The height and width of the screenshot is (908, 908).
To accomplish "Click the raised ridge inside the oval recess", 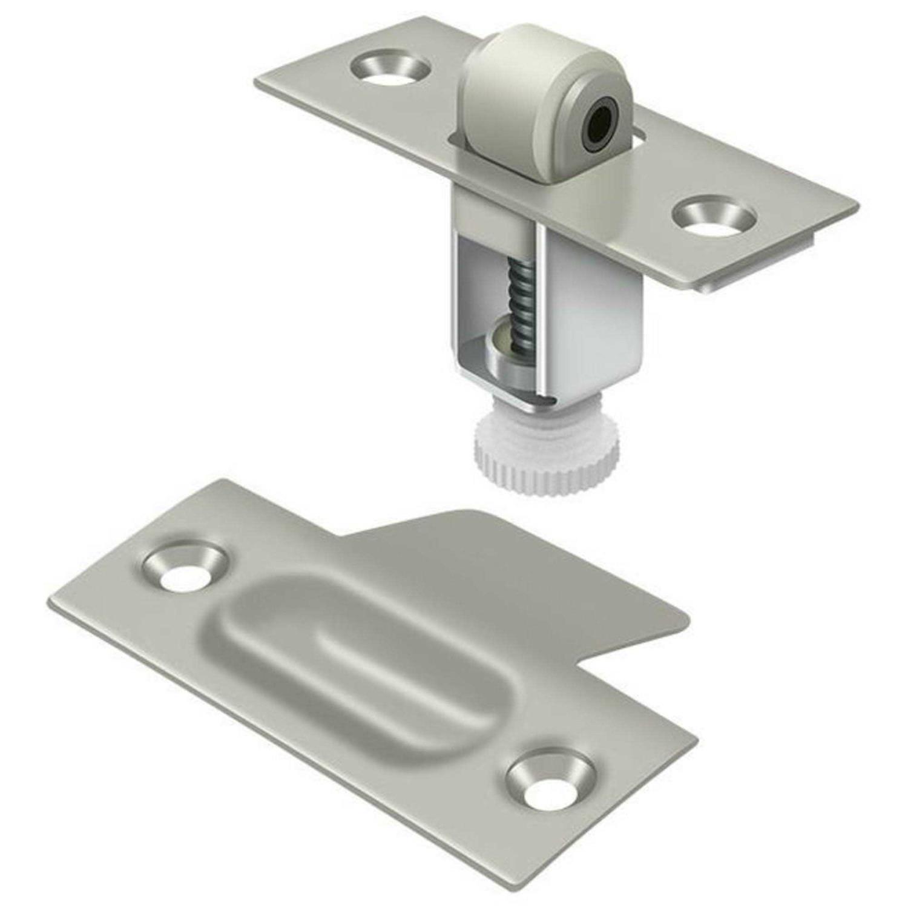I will (x=387, y=660).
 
